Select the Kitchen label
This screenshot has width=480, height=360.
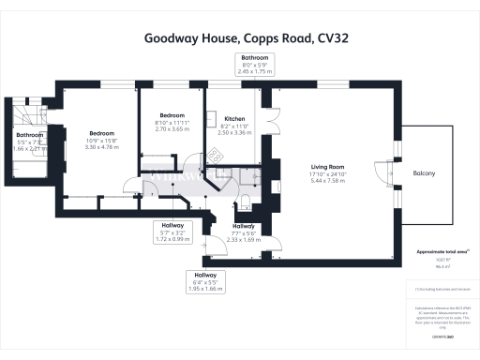[x=234, y=119]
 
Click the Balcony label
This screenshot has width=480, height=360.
[x=424, y=173]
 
